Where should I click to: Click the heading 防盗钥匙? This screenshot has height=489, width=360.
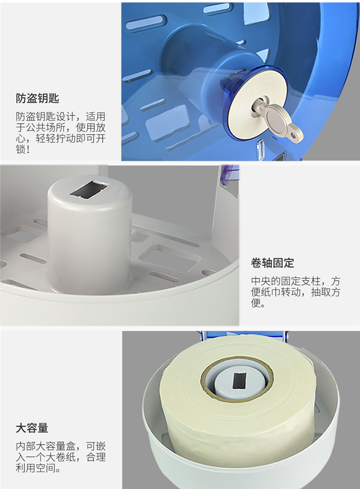coord(37,98)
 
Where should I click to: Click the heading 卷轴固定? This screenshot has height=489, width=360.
coord(273,263)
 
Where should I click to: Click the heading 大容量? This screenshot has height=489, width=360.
coord(32,428)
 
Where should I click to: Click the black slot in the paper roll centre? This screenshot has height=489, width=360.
coord(239,381)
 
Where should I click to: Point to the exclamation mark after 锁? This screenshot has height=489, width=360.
coord(28,149)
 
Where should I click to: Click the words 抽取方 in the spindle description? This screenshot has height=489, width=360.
coord(325,292)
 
